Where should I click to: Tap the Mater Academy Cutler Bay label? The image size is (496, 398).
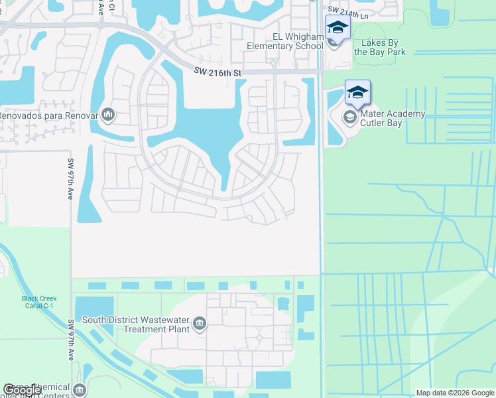392,118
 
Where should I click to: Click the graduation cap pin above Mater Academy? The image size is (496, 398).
357,94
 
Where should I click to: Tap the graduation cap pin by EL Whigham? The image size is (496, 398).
337,29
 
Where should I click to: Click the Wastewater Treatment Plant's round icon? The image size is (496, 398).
200,324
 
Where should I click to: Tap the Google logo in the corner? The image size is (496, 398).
23,390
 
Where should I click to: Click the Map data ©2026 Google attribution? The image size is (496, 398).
455,393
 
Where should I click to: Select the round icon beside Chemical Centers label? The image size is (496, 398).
80,389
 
